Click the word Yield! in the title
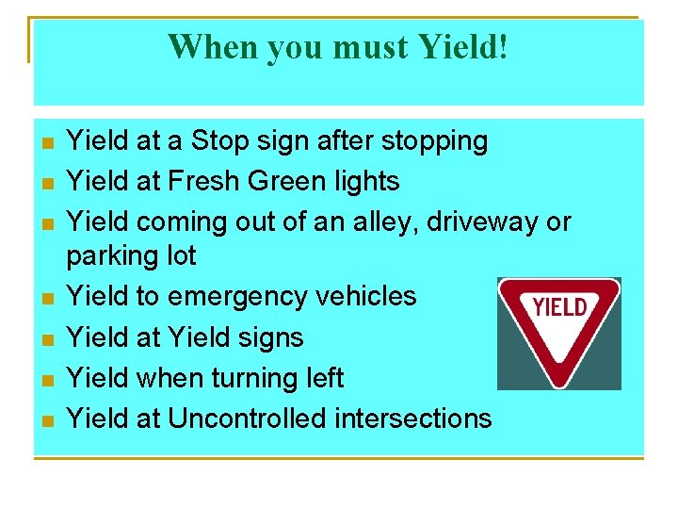pyautogui.click(x=463, y=45)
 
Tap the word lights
pyautogui.click(x=368, y=181)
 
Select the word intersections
pyautogui.click(x=422, y=419)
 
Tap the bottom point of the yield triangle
pyautogui.click(x=558, y=384)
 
